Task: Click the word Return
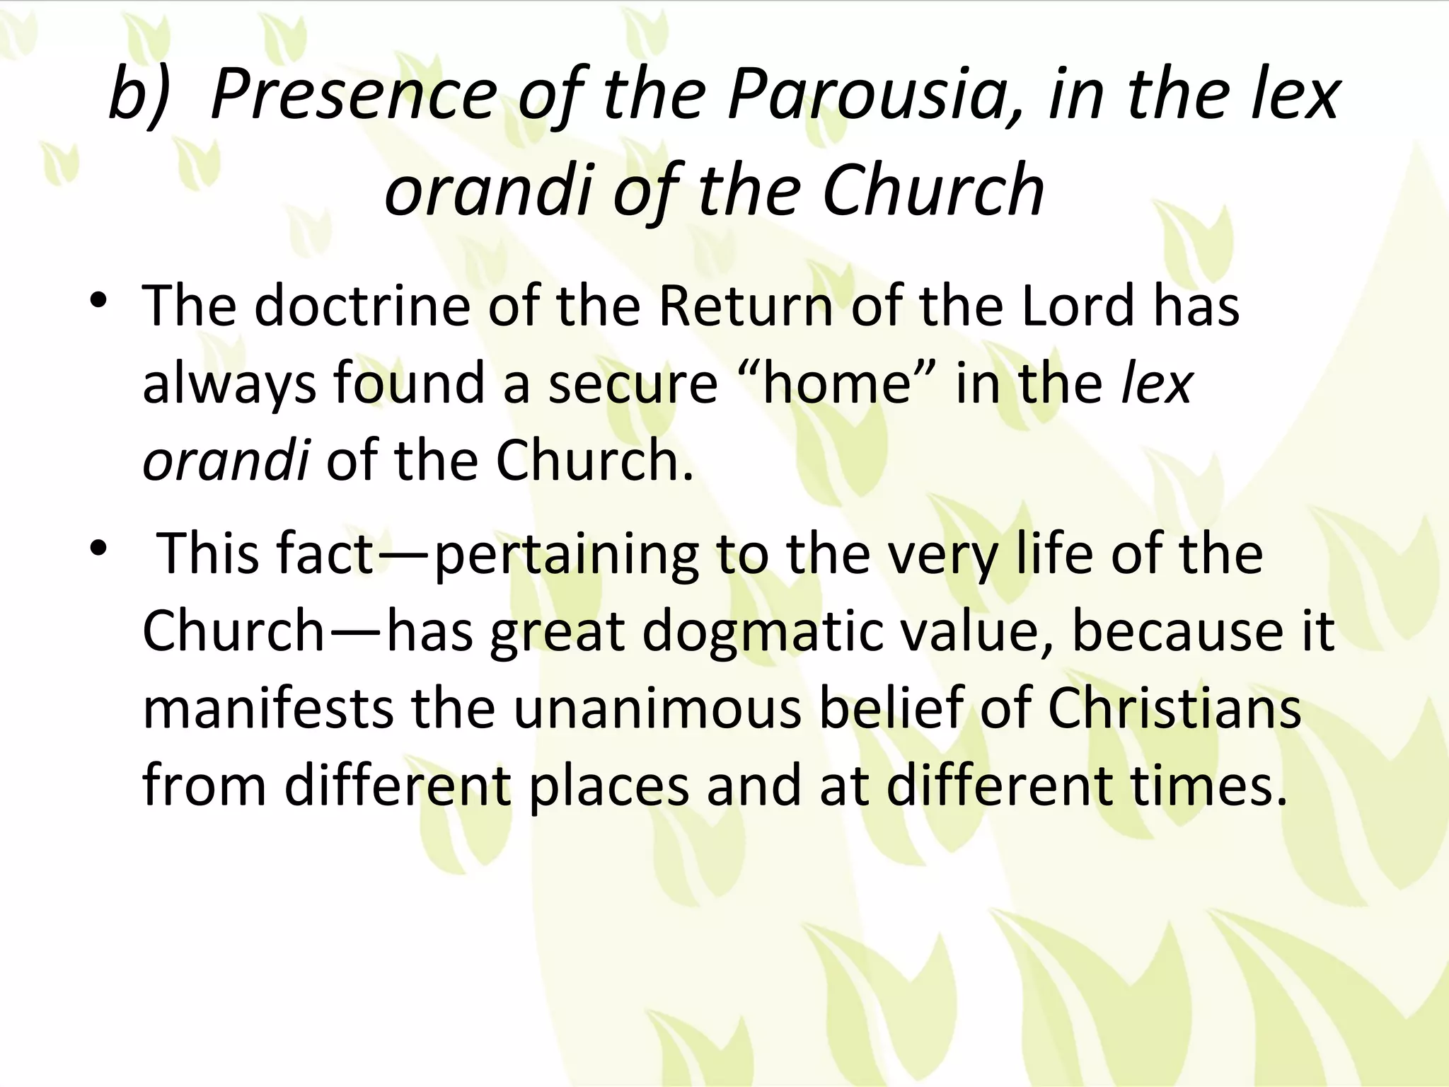[x=744, y=306]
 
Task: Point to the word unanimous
[x=657, y=708]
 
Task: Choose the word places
[x=609, y=786]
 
